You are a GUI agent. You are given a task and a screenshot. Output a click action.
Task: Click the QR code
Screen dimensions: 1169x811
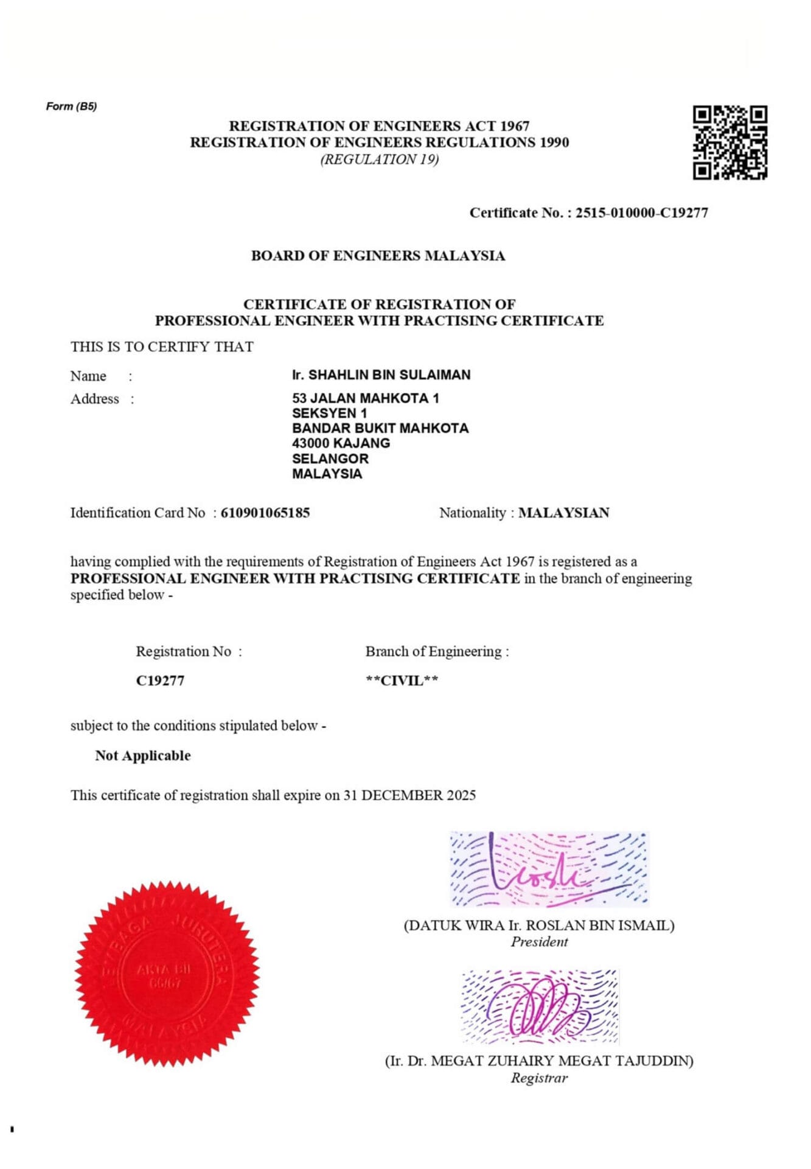[x=730, y=142]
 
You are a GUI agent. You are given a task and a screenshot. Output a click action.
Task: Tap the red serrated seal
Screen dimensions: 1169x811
[x=167, y=973]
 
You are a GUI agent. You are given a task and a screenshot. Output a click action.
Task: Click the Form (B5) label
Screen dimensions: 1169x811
[x=71, y=107]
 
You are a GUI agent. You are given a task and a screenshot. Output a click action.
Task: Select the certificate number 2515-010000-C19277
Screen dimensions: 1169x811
[x=642, y=213]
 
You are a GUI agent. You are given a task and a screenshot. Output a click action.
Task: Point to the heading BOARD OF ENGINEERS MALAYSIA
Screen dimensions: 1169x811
[x=378, y=256]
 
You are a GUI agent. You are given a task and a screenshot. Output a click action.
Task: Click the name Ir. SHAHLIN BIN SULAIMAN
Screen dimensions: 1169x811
[x=381, y=375]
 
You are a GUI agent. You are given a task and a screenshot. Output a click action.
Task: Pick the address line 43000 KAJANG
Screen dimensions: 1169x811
[x=341, y=443]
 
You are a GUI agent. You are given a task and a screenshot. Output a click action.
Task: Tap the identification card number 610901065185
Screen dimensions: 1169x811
[x=265, y=513]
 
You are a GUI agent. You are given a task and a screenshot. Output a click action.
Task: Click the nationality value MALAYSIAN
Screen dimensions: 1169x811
[x=563, y=513]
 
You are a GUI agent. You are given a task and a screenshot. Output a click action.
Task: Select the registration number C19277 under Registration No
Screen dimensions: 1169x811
[x=160, y=681]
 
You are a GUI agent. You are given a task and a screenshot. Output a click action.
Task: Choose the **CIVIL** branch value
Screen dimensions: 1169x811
[x=402, y=681]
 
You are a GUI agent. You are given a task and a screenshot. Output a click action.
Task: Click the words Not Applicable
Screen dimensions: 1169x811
[x=142, y=756]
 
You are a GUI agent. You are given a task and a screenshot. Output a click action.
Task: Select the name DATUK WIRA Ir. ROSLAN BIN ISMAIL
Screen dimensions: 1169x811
[x=539, y=925]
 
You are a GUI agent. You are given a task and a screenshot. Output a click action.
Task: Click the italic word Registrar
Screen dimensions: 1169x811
[x=539, y=1078]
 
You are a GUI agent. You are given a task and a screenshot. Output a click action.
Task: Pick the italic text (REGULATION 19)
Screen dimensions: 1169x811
[x=380, y=160]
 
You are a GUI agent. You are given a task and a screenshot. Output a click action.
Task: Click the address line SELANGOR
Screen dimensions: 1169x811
[x=330, y=458]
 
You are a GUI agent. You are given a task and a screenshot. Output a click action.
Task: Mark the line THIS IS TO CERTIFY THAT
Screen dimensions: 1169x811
[x=162, y=347]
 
